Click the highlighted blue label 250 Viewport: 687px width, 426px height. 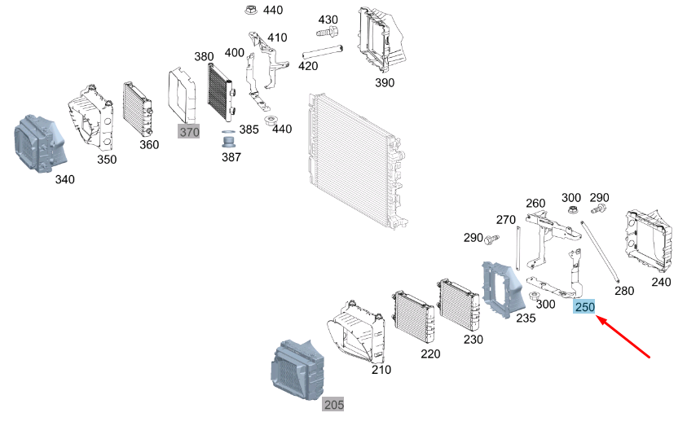[584, 307]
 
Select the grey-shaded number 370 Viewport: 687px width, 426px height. [188, 132]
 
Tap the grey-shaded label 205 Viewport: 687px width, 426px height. [333, 405]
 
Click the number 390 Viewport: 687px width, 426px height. [383, 83]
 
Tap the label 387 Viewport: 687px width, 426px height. [231, 157]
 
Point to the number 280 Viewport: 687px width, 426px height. [623, 291]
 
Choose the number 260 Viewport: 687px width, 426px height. [535, 203]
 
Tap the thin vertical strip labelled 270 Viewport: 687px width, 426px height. [517, 253]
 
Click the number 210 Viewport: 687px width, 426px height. [381, 370]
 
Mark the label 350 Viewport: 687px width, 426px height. [107, 160]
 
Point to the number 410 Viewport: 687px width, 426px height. [277, 37]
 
